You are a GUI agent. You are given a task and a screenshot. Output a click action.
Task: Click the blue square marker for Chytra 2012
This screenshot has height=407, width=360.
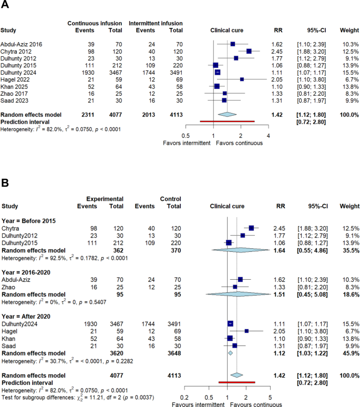[x=249, y=51]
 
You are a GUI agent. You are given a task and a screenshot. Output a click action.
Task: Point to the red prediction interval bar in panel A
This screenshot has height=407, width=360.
[x=228, y=121]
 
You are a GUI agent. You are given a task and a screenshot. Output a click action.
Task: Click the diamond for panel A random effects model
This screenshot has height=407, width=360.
[x=227, y=114]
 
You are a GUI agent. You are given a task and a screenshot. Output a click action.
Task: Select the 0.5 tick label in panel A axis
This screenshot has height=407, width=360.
[x=186, y=136]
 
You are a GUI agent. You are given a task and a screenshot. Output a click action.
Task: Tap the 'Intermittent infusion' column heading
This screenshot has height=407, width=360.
[x=156, y=24]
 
